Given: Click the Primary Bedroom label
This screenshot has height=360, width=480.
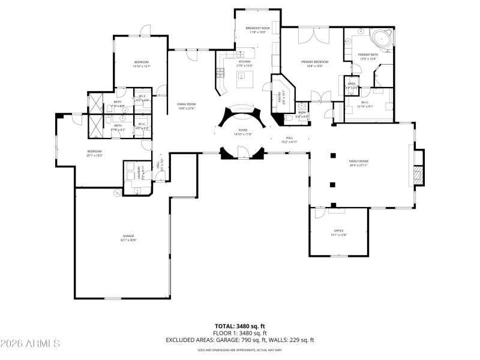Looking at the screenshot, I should click(314, 62).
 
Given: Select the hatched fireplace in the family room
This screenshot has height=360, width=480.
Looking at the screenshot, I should click(419, 175).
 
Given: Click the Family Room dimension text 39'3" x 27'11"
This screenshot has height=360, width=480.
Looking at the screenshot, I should click(359, 165).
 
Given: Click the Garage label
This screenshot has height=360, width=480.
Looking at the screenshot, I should click(129, 236).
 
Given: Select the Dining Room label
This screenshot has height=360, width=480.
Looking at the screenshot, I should click(186, 104).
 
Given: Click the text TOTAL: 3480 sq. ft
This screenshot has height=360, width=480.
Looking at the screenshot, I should click(240, 325).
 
